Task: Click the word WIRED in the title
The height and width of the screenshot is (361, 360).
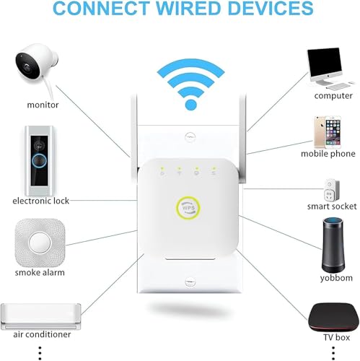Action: [188, 8]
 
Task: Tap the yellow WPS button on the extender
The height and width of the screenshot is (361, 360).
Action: [188, 208]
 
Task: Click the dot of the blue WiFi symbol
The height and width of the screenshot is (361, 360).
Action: [191, 105]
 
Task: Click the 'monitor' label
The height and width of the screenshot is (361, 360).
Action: [43, 105]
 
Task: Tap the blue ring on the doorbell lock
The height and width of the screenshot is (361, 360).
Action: [39, 160]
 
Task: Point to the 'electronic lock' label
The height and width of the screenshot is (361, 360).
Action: [41, 201]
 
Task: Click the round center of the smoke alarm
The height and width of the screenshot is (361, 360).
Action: [40, 243]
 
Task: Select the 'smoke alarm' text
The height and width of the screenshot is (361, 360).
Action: [40, 272]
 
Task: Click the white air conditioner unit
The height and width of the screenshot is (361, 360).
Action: [40, 316]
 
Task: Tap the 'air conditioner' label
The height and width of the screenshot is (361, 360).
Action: [42, 334]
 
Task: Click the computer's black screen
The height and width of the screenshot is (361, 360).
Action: [325, 61]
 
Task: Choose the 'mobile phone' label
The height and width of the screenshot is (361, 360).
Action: [328, 154]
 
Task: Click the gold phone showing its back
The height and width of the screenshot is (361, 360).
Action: [320, 132]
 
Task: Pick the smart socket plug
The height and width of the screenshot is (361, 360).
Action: [332, 190]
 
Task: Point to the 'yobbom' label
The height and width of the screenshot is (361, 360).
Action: [336, 278]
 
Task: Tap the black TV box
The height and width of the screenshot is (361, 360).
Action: [333, 317]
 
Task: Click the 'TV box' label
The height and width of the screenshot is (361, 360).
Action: [336, 337]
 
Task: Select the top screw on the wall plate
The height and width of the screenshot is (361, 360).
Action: [190, 137]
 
